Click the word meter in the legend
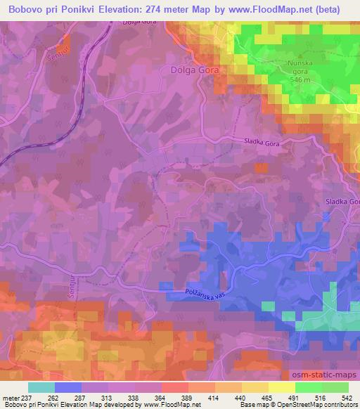(x=12, y=397)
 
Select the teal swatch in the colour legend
(x=42, y=387)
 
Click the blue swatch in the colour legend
(x=69, y=387)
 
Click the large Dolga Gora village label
(x=195, y=70)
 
